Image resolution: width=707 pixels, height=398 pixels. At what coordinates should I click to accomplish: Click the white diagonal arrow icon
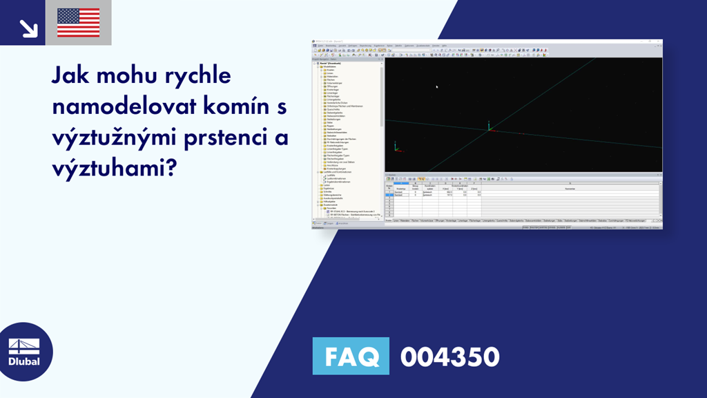point(28,27)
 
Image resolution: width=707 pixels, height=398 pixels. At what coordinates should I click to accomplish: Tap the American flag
point(78,23)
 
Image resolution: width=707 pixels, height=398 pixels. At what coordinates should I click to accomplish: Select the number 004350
point(449,357)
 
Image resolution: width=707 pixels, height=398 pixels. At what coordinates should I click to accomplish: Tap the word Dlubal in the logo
point(24,361)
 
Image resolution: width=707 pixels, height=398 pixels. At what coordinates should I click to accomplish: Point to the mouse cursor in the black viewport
point(436,86)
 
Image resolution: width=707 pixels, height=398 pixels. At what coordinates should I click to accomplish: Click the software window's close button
point(659,42)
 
